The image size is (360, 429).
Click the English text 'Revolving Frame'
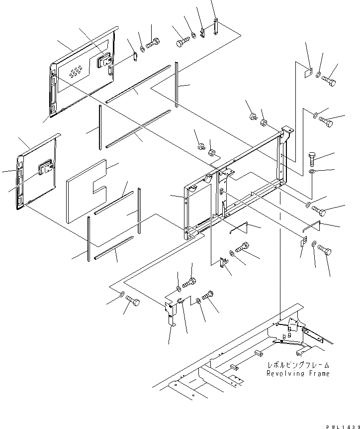(x=297, y=373)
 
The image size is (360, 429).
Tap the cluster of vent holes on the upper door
(x=76, y=74)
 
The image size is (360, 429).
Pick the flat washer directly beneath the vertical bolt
(x=311, y=172)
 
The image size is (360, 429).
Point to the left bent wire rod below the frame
(x=240, y=228)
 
